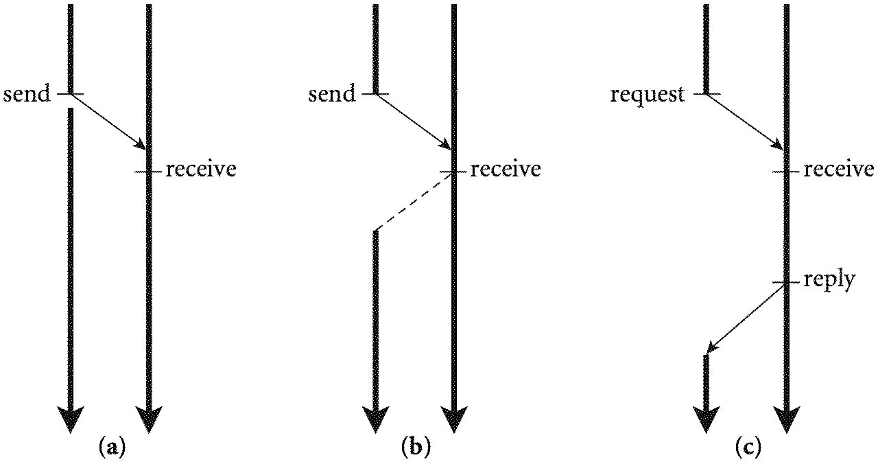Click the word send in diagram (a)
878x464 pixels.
27,94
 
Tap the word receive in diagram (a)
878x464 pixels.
200,169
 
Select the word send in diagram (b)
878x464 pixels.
333,94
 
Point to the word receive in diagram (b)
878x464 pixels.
505,169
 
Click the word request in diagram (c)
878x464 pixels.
648,95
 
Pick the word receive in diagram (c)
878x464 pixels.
838,169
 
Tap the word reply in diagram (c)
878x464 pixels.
829,280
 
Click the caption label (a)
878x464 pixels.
112,448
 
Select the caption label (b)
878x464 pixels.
416,448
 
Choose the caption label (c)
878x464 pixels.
748,448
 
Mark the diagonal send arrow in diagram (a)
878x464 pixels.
108,121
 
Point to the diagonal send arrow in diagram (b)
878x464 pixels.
414,121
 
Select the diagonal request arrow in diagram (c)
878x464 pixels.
745,121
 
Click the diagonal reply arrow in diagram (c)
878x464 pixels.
746,318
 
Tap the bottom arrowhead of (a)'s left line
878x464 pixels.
70,418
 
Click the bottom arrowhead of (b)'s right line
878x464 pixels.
453,418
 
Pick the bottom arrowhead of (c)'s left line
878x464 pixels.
707,418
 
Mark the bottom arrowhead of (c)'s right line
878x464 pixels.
786,418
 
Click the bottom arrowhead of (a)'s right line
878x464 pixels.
149,418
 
